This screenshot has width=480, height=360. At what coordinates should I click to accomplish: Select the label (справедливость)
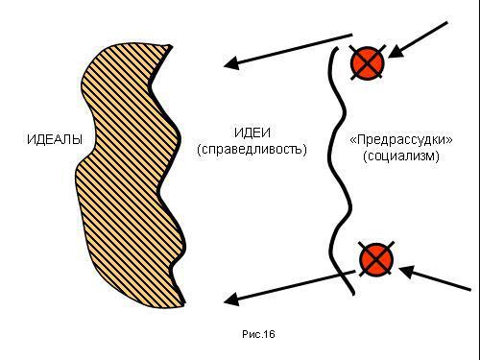pos(251,151)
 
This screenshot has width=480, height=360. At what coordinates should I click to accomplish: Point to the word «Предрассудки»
pos(401,140)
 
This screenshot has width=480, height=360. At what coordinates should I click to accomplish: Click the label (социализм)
pos(401,156)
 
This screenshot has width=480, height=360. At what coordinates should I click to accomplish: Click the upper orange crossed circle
pos(366,63)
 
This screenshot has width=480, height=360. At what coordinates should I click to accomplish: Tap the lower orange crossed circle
pos(375,259)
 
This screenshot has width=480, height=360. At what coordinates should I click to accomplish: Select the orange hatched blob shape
pos(125,173)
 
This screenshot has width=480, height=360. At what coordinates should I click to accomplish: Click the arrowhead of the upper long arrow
pos(230,65)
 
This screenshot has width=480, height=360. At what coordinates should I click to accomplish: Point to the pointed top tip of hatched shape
pos(172,45)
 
